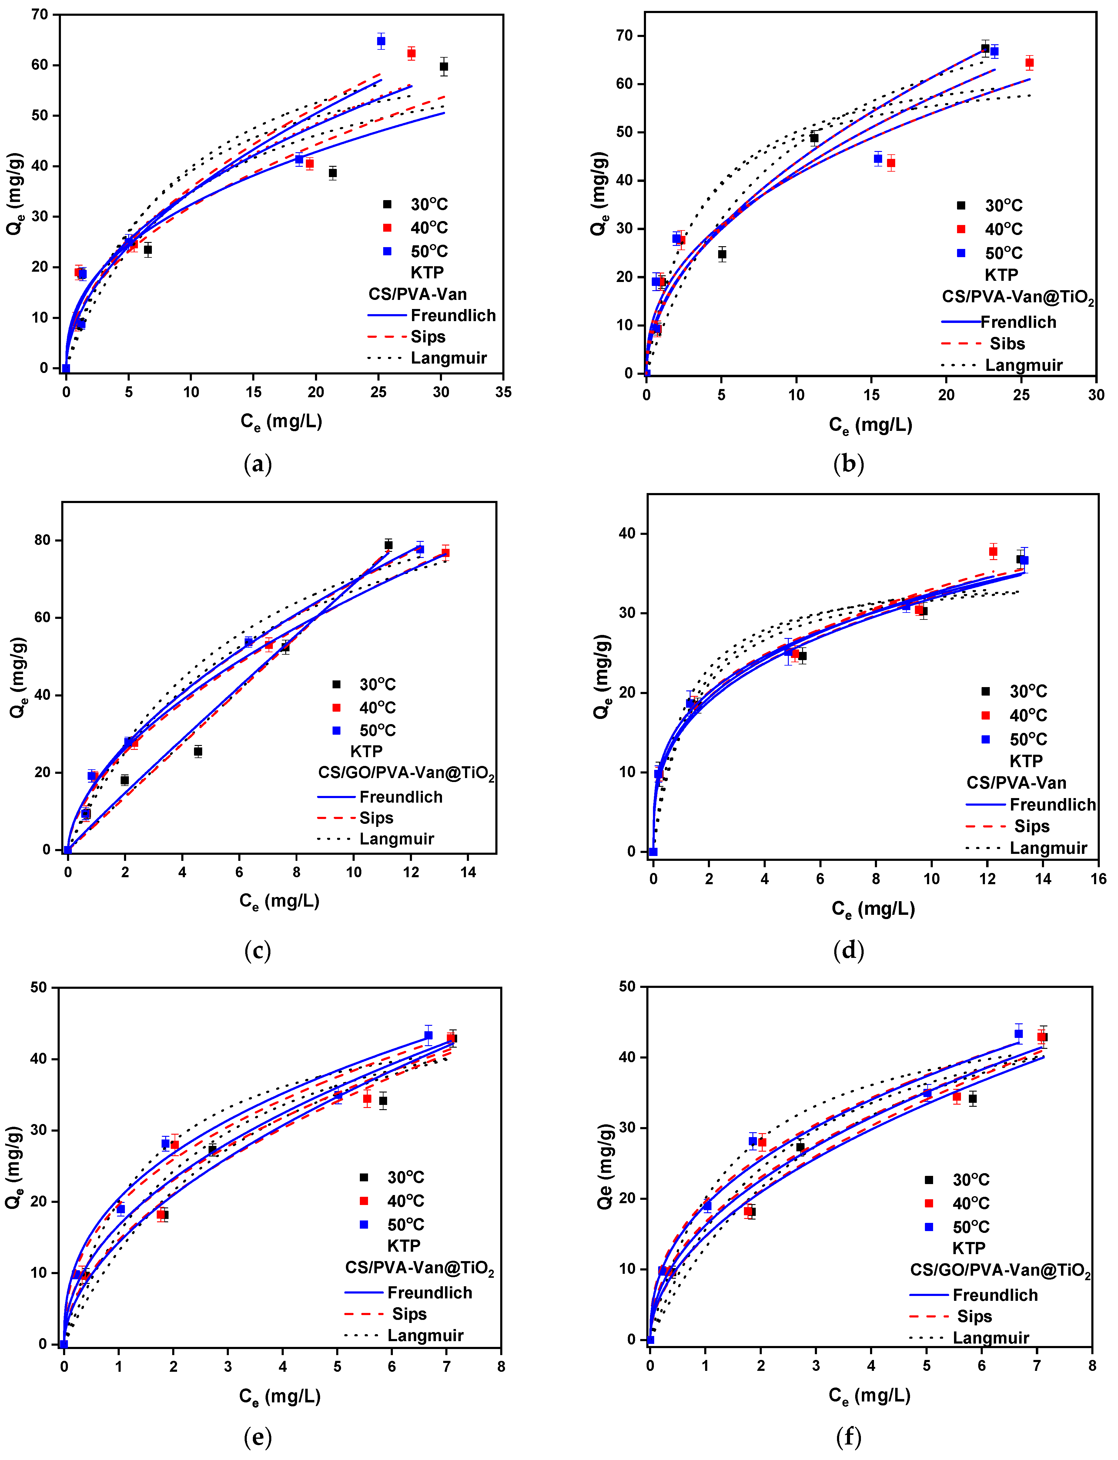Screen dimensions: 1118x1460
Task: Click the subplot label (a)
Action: (x=258, y=464)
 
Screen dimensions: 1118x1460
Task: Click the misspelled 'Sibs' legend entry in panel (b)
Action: (x=1007, y=343)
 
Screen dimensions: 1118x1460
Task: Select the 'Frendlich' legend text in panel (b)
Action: (x=1018, y=322)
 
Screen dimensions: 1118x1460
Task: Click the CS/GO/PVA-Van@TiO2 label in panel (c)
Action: (x=406, y=773)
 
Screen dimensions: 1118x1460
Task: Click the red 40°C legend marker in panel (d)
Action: (x=986, y=715)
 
